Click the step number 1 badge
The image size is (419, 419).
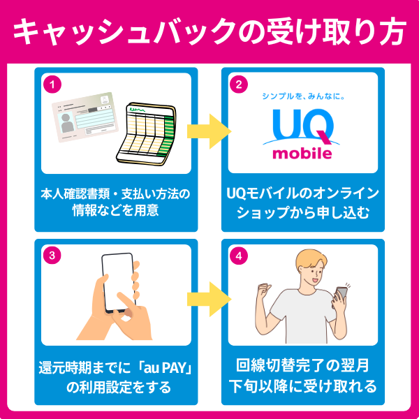(x=50, y=84)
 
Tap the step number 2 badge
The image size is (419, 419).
(x=237, y=84)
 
